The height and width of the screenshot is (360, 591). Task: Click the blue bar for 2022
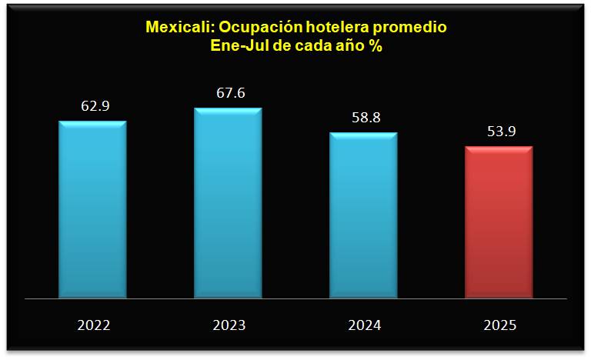pyautogui.click(x=92, y=208)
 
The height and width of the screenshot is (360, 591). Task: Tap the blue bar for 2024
pyautogui.click(x=363, y=215)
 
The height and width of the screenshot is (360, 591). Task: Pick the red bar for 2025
pyautogui.click(x=499, y=222)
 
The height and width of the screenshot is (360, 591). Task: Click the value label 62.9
pyautogui.click(x=95, y=105)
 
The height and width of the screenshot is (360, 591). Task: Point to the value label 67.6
pyautogui.click(x=230, y=92)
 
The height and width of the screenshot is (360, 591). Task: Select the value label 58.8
pyautogui.click(x=366, y=118)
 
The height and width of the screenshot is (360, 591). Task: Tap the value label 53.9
pyautogui.click(x=501, y=132)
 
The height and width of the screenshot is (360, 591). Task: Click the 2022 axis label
pyautogui.click(x=94, y=325)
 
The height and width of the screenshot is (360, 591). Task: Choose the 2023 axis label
pyautogui.click(x=229, y=325)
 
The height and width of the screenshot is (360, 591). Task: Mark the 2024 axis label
pyautogui.click(x=365, y=325)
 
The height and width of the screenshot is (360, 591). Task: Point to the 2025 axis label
pyautogui.click(x=500, y=325)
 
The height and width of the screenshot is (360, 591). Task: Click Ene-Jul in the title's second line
pyautogui.click(x=237, y=45)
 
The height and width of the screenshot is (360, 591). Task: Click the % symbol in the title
pyautogui.click(x=377, y=45)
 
